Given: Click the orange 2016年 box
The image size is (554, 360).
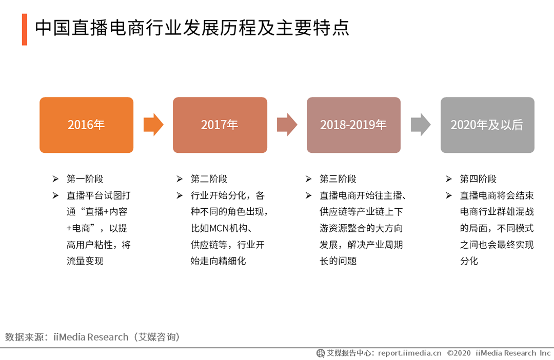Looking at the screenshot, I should tap(86, 125).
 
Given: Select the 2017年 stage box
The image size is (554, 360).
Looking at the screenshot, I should tap(220, 125).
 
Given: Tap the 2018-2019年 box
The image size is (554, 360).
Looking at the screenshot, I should tap(353, 125).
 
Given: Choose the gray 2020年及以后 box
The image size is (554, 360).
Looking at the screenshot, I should tap(487, 125).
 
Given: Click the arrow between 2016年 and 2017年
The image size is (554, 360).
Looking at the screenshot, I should tap(153, 125).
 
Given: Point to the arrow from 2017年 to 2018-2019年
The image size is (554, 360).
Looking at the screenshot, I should tap(287, 125).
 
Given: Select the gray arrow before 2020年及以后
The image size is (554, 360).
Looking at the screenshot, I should tap(421, 125).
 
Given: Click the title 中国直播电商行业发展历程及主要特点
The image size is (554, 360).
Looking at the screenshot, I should tap(192, 28).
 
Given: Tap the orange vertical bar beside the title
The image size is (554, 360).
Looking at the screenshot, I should tap(24, 29).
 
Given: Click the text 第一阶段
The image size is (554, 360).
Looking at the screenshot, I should tap(85, 179).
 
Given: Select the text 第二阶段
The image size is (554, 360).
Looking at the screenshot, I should tap(209, 179).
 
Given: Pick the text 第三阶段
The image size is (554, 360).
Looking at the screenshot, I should tap(338, 179).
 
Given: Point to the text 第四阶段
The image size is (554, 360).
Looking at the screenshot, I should tap(478, 179).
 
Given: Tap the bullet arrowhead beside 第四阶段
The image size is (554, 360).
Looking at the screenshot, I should tap(449, 179).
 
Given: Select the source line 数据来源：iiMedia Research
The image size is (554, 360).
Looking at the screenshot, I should tap(92, 337).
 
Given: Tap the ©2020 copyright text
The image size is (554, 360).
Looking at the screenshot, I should tap(459, 353).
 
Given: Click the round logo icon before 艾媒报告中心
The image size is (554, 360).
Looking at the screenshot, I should tap(321, 353).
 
